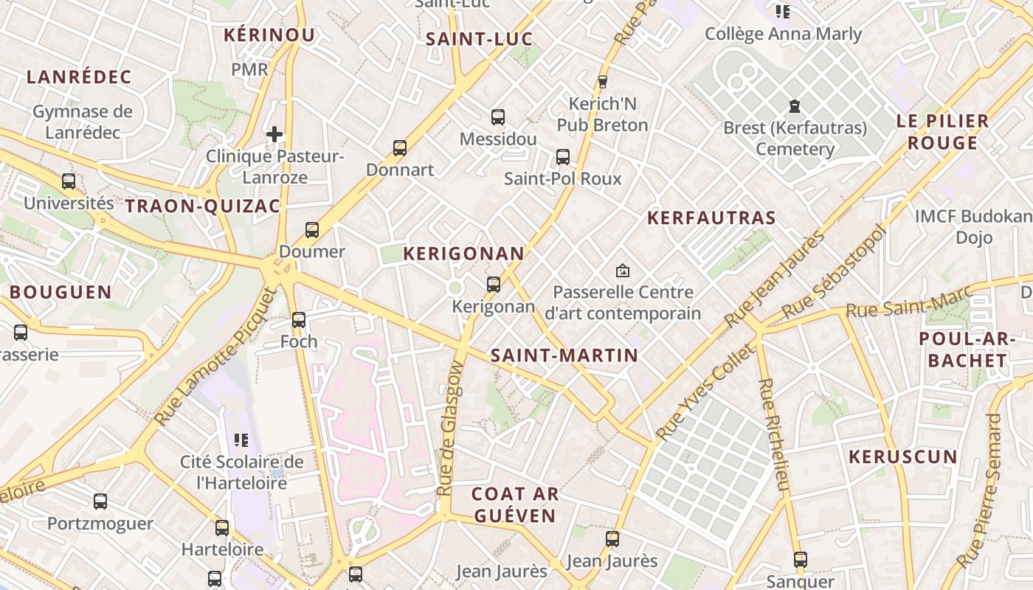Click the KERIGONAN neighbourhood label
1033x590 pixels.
click(x=463, y=254)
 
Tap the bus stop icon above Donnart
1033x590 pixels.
click(x=400, y=148)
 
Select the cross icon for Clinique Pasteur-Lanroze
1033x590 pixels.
click(x=274, y=134)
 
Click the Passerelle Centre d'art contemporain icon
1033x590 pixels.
click(x=623, y=271)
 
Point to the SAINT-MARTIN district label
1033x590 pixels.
click(x=564, y=355)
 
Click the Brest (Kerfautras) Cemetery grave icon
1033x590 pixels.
click(x=795, y=107)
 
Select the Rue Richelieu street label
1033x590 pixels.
click(x=773, y=435)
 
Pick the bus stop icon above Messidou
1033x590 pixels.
click(x=498, y=117)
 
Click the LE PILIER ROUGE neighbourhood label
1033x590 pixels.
click(x=942, y=132)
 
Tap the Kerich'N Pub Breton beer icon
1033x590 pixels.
click(x=602, y=82)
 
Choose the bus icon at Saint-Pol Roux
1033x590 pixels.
click(x=563, y=157)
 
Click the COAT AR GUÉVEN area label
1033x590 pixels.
click(x=515, y=504)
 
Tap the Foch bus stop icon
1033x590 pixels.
click(x=299, y=320)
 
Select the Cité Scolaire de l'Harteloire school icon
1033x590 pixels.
click(x=241, y=440)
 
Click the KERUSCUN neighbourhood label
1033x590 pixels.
click(x=903, y=457)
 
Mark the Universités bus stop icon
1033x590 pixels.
click(x=69, y=181)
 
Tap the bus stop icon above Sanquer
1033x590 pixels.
click(x=801, y=560)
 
